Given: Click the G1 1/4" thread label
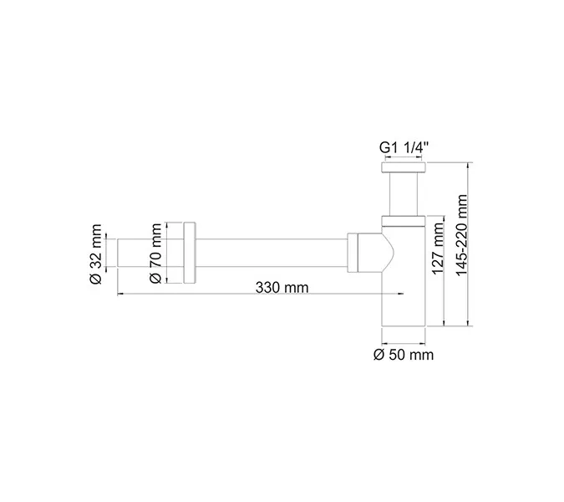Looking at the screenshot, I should click(x=404, y=147).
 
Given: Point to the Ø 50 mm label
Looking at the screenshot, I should click(x=404, y=355).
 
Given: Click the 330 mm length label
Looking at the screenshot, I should click(x=282, y=287).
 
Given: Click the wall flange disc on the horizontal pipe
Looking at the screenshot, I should click(x=190, y=253).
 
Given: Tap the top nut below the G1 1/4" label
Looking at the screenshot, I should click(x=404, y=168).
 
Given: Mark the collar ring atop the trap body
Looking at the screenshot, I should click(x=404, y=222).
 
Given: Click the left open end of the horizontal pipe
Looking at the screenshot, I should click(x=118, y=253).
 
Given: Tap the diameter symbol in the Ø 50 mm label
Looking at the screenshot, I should click(x=379, y=355).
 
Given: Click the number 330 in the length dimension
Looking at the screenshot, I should click(x=268, y=287).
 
